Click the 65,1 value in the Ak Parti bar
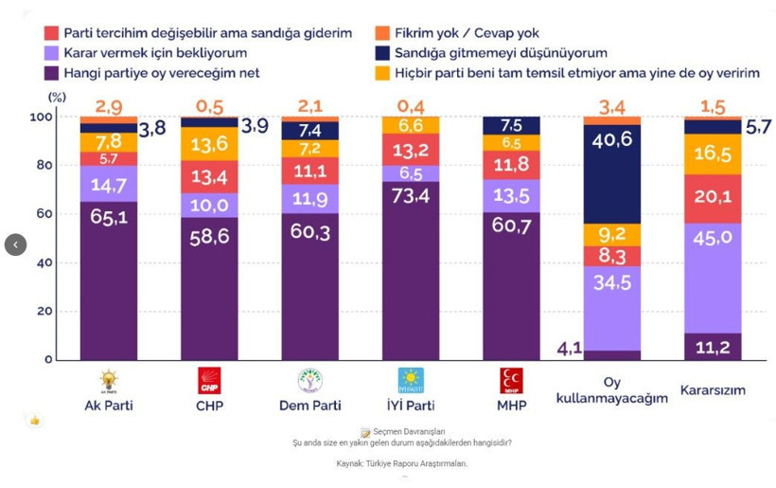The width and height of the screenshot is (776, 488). pos(108,215)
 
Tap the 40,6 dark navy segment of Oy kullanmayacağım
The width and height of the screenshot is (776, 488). pos(612,138)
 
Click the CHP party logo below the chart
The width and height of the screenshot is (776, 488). pos(208,381)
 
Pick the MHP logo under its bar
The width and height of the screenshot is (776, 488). pos(511,381)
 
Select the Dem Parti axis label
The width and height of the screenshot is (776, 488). pos(309,406)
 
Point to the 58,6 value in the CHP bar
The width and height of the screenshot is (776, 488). pos(209,237)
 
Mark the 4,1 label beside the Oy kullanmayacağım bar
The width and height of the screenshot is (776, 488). pos(568,348)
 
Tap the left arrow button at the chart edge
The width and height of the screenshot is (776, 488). pos(15,244)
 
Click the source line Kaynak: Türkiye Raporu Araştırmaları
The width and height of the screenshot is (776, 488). pos(401,463)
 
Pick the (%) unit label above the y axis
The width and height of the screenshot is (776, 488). pos(58,98)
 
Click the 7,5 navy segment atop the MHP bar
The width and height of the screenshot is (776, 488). pos(511,125)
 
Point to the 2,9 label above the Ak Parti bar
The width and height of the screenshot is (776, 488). pos(108,107)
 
